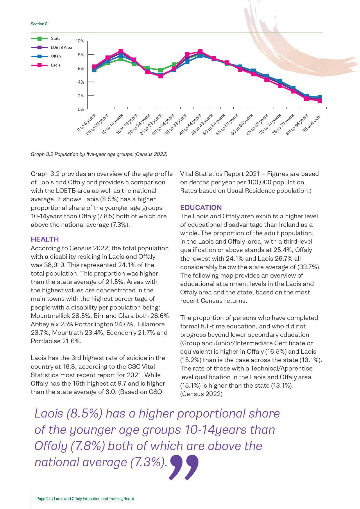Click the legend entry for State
55,38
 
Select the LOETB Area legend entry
61,47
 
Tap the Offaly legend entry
56,56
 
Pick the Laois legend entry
55,65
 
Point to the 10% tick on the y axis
80,41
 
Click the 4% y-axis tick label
80,82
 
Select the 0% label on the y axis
80,109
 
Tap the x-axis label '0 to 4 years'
86,123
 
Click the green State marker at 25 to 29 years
160,70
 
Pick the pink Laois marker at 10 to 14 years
121,51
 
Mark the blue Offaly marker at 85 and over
320,98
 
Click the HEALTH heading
45,239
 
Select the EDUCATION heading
201,208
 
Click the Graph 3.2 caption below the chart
99,154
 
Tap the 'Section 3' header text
39,24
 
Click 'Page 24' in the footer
44,499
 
